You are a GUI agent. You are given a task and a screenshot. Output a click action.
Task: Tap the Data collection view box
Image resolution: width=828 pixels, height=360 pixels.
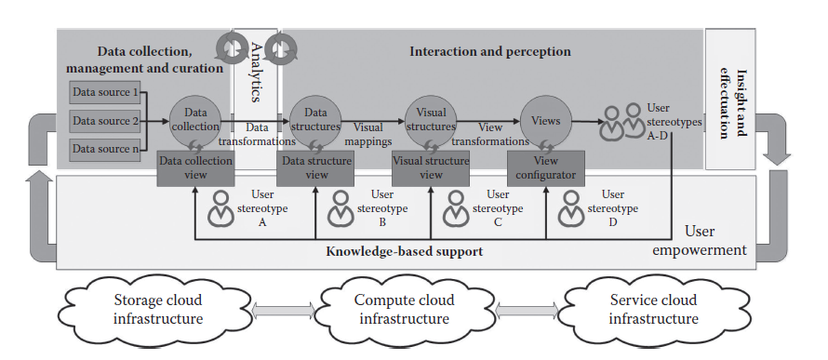[194, 167]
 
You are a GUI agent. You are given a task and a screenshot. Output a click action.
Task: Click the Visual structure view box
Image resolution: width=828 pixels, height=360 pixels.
[431, 167]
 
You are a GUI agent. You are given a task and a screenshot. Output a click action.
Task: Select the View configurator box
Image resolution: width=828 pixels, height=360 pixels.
[545, 167]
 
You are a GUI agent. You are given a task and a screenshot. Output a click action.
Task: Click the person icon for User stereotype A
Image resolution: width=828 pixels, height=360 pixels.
[221, 209]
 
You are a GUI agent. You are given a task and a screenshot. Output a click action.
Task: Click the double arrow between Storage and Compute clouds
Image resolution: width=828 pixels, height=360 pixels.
[281, 311]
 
